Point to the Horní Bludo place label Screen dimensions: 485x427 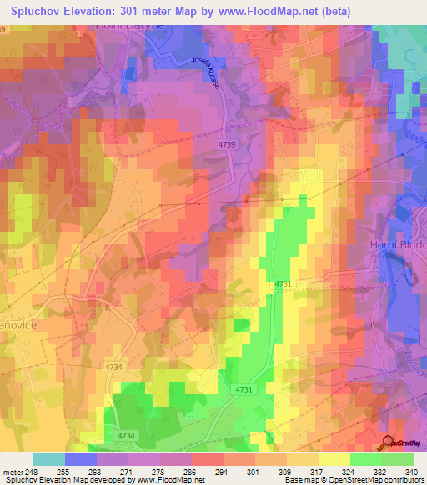point(398,244)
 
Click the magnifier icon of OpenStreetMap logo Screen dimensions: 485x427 point(387,442)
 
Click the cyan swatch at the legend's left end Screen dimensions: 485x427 point(49,459)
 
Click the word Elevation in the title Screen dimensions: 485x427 point(98,11)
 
